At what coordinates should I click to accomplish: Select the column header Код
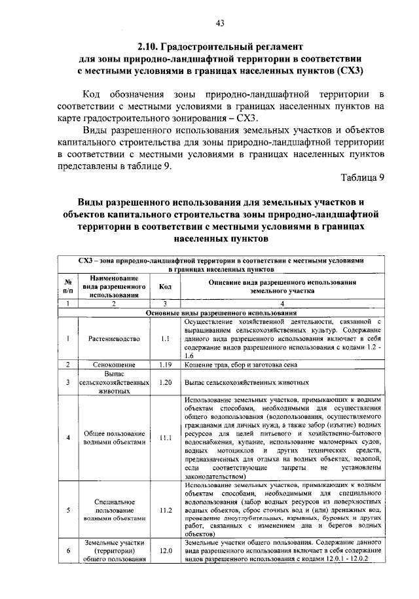[165, 286]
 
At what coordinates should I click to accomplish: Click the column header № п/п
[67, 286]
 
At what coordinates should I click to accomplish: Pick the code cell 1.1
[165, 339]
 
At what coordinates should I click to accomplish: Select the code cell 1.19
[165, 364]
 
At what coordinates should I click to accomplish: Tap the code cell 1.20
[165, 382]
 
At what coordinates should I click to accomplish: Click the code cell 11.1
[165, 437]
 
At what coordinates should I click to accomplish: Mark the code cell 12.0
[165, 551]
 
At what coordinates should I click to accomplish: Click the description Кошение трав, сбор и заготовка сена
[242, 364]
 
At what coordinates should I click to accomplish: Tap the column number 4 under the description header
[282, 304]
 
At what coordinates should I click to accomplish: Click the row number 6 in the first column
[67, 551]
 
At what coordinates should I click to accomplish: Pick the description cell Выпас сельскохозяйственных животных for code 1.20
[246, 382]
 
